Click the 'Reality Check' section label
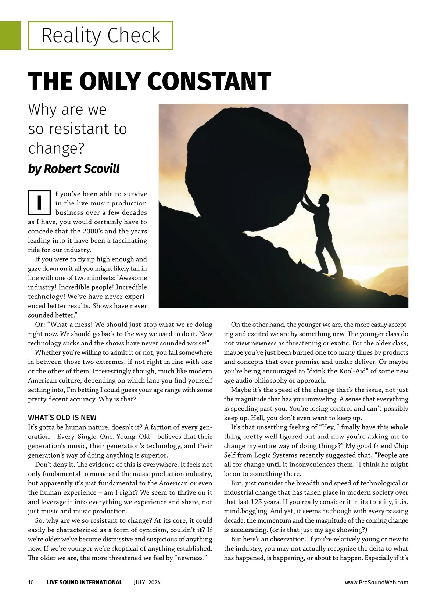coord(101,36)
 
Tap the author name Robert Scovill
coord(82,169)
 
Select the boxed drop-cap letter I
coord(39,202)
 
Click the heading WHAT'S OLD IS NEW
coord(62,418)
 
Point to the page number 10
coord(31,582)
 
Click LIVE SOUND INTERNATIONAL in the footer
coord(84,582)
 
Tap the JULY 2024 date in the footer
coord(147,582)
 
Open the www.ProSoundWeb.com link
coord(376,582)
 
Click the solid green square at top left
coord(10,35)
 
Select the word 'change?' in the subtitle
coord(56,148)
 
